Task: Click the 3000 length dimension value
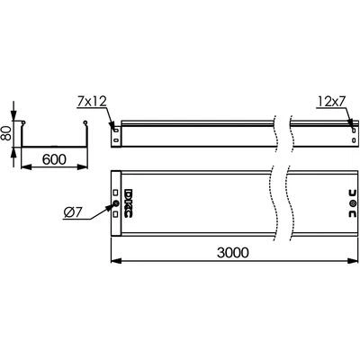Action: click(x=233, y=253)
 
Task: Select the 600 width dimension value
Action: click(x=54, y=159)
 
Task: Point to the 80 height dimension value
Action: click(x=6, y=133)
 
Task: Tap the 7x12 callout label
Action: click(x=92, y=102)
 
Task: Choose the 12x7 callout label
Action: click(x=330, y=103)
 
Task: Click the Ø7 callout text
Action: click(x=72, y=212)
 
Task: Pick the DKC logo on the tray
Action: click(x=129, y=203)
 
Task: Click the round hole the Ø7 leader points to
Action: click(x=116, y=204)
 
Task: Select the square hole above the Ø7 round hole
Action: click(x=116, y=192)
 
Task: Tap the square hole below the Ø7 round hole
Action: click(x=116, y=214)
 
